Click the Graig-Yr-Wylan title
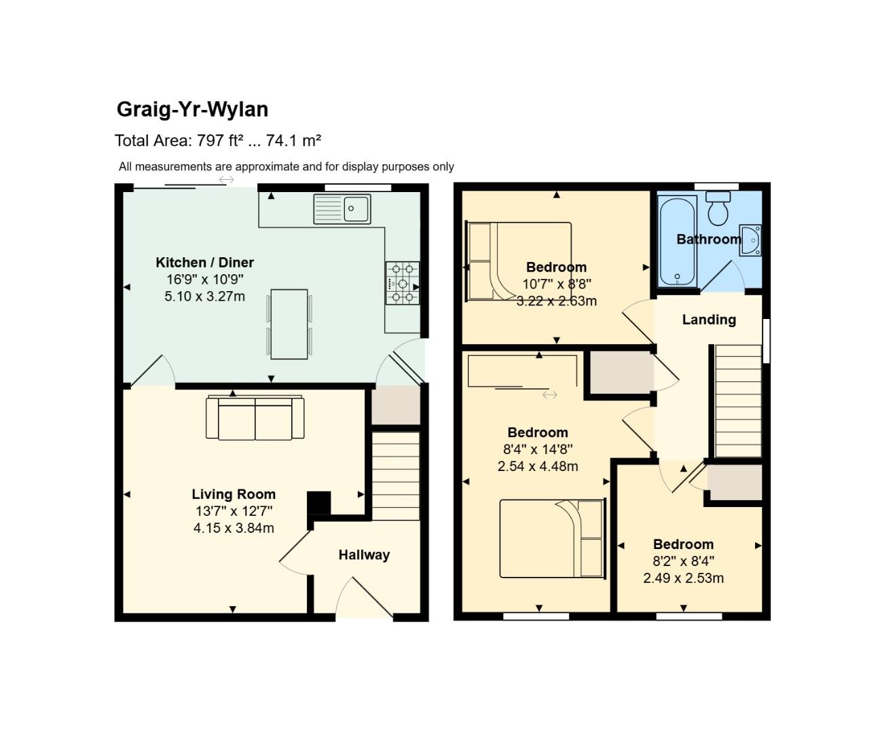point(192,109)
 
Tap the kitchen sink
point(342,208)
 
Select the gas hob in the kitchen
point(402,283)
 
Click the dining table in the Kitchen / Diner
point(289,324)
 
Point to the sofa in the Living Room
point(255,417)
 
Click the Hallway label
point(364,555)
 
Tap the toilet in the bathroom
point(718,208)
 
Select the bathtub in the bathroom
point(678,241)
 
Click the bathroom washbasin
point(751,240)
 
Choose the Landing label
point(709,320)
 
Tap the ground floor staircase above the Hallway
point(396,476)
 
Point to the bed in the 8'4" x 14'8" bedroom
point(551,539)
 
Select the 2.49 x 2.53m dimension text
point(683,578)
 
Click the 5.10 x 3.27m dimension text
point(204,297)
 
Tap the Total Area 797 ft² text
point(217,140)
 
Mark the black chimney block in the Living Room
point(318,504)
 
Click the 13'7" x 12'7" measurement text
point(234,511)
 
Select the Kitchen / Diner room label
point(204,263)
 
